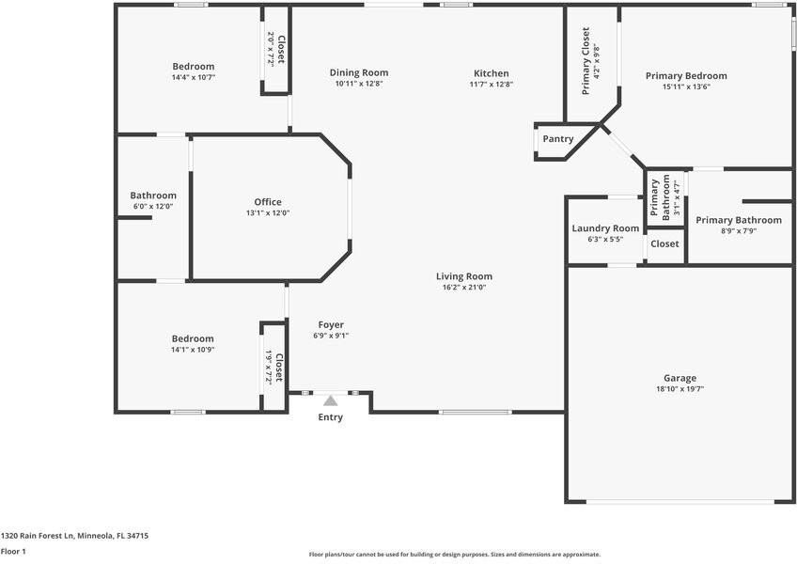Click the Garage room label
click(x=680, y=378)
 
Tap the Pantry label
click(x=557, y=139)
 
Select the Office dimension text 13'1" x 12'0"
click(x=268, y=213)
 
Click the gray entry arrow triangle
click(x=330, y=400)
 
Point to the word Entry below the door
click(x=330, y=417)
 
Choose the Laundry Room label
click(x=605, y=228)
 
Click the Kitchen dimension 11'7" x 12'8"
click(x=491, y=85)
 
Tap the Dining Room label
click(x=358, y=72)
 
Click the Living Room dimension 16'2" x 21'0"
click(x=463, y=288)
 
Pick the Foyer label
click(x=330, y=324)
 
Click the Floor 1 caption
click(x=13, y=552)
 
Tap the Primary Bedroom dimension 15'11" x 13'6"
click(x=685, y=87)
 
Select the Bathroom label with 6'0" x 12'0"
click(x=153, y=196)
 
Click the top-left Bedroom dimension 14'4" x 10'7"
click(x=193, y=78)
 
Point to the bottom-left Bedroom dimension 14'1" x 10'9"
click(x=192, y=350)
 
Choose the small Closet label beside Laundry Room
click(x=664, y=243)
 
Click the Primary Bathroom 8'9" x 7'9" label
click(x=738, y=220)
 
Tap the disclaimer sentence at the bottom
click(x=454, y=555)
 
